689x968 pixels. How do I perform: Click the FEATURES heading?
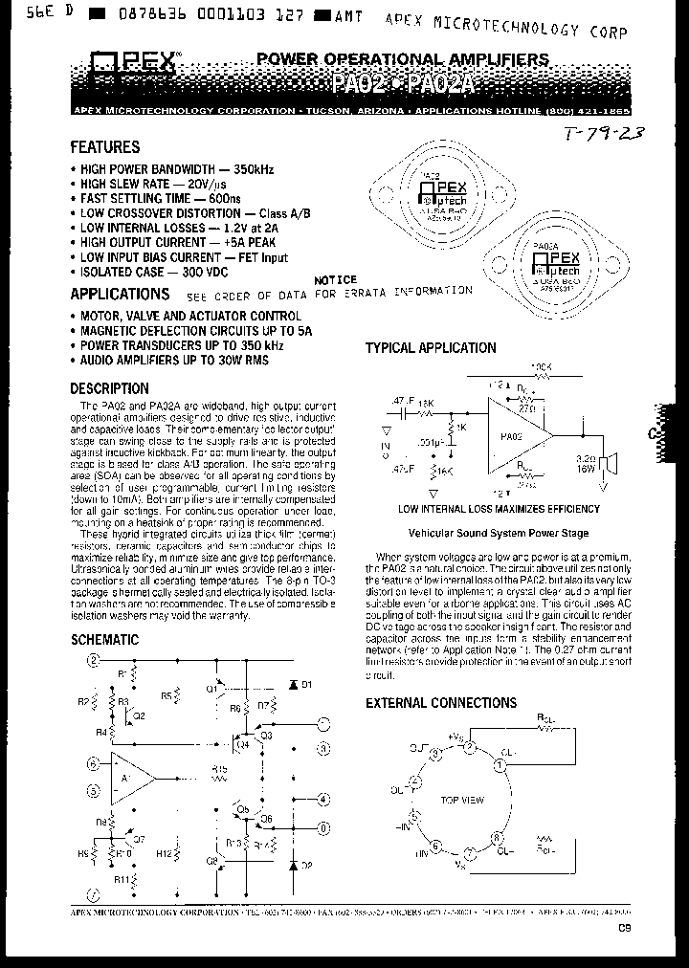(105, 147)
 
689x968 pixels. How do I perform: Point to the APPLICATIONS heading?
(120, 295)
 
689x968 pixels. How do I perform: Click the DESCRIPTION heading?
(109, 388)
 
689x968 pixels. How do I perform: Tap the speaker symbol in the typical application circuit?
(613, 463)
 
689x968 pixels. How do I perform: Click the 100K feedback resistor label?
(542, 366)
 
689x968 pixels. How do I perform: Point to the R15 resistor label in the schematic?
(220, 768)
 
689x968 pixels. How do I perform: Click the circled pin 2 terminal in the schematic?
(93, 660)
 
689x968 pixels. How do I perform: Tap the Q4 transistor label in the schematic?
(242, 743)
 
